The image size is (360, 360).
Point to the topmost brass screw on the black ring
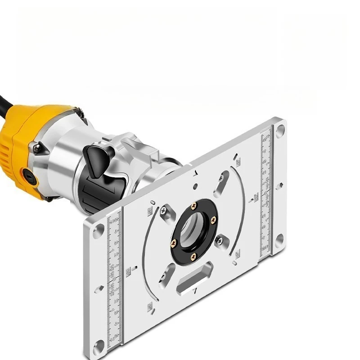(x=194, y=206)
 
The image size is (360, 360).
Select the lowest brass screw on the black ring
(x=193, y=256)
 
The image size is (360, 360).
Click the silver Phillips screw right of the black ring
(x=220, y=241)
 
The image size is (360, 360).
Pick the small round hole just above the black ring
(x=195, y=186)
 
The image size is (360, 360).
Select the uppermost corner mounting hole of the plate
(x=280, y=130)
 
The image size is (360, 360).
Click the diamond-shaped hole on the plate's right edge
(x=279, y=184)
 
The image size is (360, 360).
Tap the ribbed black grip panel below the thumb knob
(x=97, y=193)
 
